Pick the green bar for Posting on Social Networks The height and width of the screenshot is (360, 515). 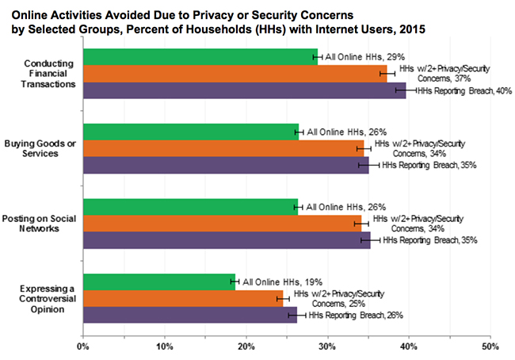click(190, 207)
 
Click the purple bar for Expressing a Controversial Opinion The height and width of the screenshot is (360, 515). click(189, 315)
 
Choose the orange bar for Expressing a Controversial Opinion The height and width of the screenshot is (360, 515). click(182, 298)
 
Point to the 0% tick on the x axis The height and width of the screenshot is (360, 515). click(82, 347)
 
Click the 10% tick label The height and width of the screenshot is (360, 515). click(164, 347)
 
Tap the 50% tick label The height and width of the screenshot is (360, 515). click(490, 347)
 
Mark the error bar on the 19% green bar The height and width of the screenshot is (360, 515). click(233, 281)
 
